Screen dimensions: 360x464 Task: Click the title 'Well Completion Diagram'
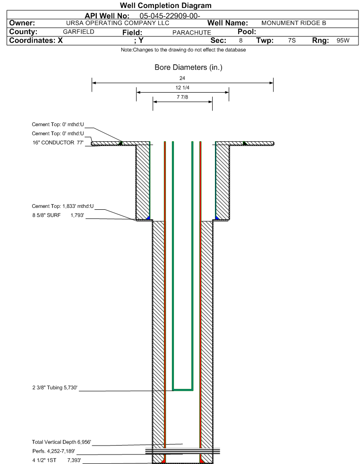point(166,5)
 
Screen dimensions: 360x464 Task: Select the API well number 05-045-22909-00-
point(170,16)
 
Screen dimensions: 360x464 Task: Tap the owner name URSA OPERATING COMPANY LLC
point(118,23)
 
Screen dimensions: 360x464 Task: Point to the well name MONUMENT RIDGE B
point(294,23)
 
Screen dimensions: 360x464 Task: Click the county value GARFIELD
point(79,32)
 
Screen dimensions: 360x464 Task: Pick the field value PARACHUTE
point(192,33)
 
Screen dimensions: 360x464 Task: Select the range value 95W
point(343,41)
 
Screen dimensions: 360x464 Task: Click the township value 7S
point(291,41)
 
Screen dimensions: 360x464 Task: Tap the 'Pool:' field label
point(247,32)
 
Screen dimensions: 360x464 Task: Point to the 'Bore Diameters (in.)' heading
point(189,68)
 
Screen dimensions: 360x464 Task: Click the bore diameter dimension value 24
point(182,78)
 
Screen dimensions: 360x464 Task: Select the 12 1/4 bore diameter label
point(182,87)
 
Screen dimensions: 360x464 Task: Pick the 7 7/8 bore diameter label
point(182,97)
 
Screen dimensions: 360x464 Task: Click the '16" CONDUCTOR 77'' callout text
point(58,143)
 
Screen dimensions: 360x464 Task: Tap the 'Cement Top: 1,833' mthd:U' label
point(63,206)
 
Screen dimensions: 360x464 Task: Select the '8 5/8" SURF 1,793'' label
point(58,215)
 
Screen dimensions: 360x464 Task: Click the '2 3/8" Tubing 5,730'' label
point(55,387)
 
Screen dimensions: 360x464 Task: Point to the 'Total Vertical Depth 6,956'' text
point(61,442)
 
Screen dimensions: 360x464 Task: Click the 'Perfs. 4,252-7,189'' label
point(53,451)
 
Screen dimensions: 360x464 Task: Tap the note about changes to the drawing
point(183,50)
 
